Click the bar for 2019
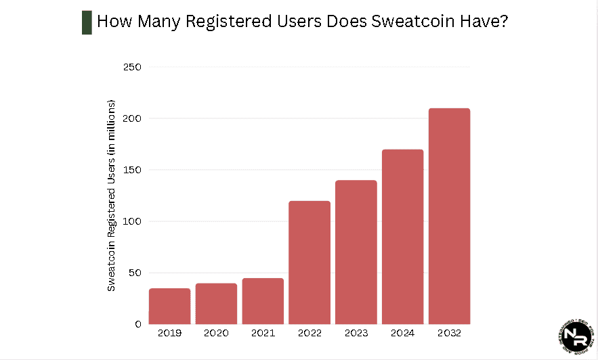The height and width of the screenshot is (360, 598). (169, 306)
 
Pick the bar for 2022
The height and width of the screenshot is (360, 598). (309, 263)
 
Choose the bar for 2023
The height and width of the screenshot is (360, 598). (356, 252)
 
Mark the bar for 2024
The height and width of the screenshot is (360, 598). (402, 237)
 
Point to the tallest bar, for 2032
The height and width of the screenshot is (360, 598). (449, 216)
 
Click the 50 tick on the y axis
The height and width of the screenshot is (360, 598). (134, 273)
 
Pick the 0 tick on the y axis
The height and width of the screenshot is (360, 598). (137, 324)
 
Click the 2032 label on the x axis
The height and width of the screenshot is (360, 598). (449, 334)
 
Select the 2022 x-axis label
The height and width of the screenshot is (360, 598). (309, 334)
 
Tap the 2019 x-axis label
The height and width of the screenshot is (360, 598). (169, 334)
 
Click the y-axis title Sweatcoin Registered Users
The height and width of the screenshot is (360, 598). (112, 196)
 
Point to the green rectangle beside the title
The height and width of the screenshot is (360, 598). (87, 22)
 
